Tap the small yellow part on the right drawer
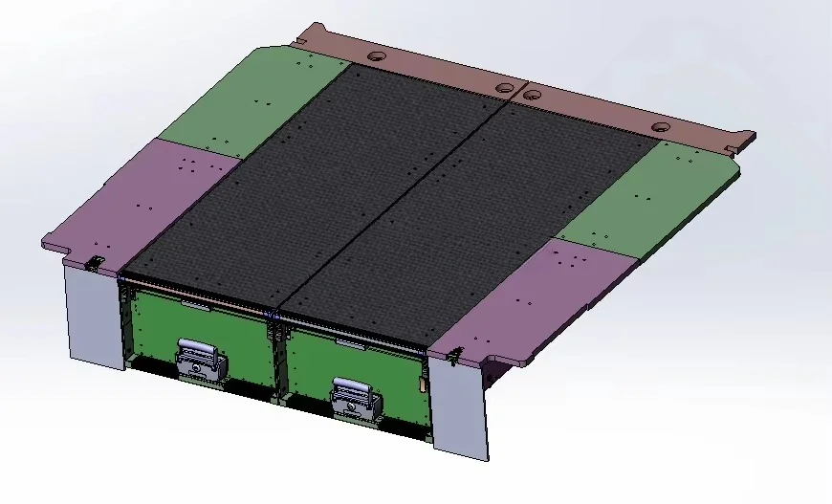coord(422,385)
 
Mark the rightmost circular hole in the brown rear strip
coord(660,127)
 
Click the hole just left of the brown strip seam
coord(505,88)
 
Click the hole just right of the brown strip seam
coord(533,96)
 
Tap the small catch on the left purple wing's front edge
coord(96,262)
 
